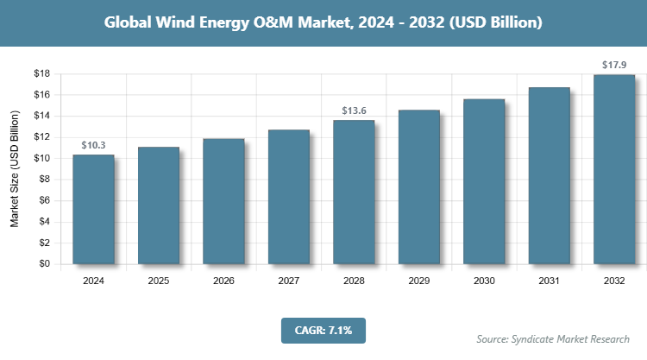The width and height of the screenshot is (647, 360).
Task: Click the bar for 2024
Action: pyautogui.click(x=93, y=209)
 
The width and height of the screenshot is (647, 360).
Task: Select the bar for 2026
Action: pyautogui.click(x=223, y=201)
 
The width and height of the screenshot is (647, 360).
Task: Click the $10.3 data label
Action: pyautogui.click(x=93, y=145)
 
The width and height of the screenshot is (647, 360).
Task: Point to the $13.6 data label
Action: pyautogui.click(x=354, y=111)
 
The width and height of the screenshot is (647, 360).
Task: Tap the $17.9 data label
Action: pyautogui.click(x=614, y=65)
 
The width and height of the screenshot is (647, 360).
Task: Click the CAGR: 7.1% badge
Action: pyautogui.click(x=323, y=330)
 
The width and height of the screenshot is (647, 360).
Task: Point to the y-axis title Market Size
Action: pyautogui.click(x=15, y=169)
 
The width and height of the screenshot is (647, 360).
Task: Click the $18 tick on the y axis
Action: pyautogui.click(x=41, y=73)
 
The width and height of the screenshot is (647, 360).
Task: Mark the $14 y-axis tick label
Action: pyautogui.click(x=41, y=116)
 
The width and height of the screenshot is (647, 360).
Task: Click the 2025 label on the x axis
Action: pyautogui.click(x=159, y=281)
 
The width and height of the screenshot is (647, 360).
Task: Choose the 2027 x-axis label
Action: pyautogui.click(x=289, y=281)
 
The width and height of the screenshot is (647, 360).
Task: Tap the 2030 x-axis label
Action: pyautogui.click(x=484, y=281)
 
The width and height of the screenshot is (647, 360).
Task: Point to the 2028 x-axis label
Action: pyautogui.click(x=354, y=281)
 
